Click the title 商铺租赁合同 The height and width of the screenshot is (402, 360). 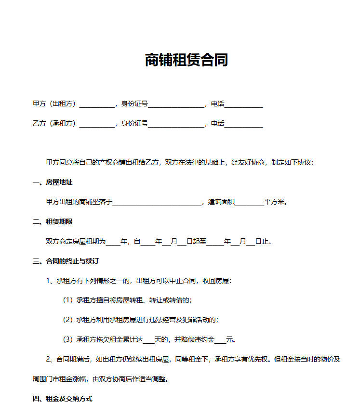186,60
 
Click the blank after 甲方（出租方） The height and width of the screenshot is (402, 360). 97,104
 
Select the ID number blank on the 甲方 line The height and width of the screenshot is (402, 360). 176,104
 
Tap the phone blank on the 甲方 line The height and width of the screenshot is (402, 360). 243,104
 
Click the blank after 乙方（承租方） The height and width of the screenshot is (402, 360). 97,124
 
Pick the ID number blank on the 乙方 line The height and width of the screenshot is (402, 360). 176,124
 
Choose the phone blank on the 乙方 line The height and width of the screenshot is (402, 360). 243,124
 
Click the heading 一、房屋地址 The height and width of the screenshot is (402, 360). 52,182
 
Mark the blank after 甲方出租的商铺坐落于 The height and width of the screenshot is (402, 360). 157,202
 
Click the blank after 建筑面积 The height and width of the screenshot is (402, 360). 249,202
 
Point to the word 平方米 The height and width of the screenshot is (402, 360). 275,202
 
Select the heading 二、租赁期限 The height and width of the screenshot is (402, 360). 52,221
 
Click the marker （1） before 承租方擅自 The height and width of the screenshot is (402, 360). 68,300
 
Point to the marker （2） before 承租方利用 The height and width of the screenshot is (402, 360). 68,320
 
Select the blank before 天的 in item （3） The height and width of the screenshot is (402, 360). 149,339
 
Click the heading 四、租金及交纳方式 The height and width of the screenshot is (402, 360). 62,398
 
